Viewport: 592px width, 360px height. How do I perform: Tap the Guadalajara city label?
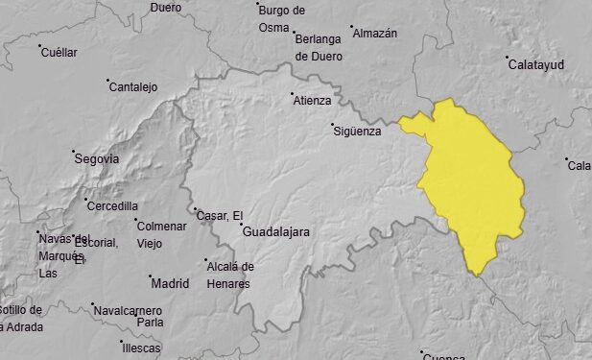(x=276, y=232)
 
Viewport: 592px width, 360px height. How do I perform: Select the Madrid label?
(x=170, y=283)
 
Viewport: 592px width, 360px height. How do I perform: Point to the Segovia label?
(x=97, y=158)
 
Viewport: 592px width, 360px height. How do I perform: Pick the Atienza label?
(x=313, y=100)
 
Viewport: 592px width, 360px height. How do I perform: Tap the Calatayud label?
(x=535, y=64)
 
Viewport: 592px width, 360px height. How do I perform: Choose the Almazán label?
(x=375, y=34)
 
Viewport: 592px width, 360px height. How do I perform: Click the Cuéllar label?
(x=59, y=53)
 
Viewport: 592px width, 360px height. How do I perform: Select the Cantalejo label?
(x=133, y=87)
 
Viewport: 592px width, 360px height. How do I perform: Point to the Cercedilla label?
(x=112, y=205)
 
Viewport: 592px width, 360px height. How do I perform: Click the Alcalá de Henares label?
(x=230, y=275)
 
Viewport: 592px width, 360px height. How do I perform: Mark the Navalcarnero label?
(x=128, y=310)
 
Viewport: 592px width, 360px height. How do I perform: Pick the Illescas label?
(x=142, y=348)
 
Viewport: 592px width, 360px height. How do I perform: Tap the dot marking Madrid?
(x=150, y=277)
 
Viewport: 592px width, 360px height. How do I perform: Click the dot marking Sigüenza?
(x=332, y=125)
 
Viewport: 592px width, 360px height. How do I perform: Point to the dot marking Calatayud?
(x=508, y=58)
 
